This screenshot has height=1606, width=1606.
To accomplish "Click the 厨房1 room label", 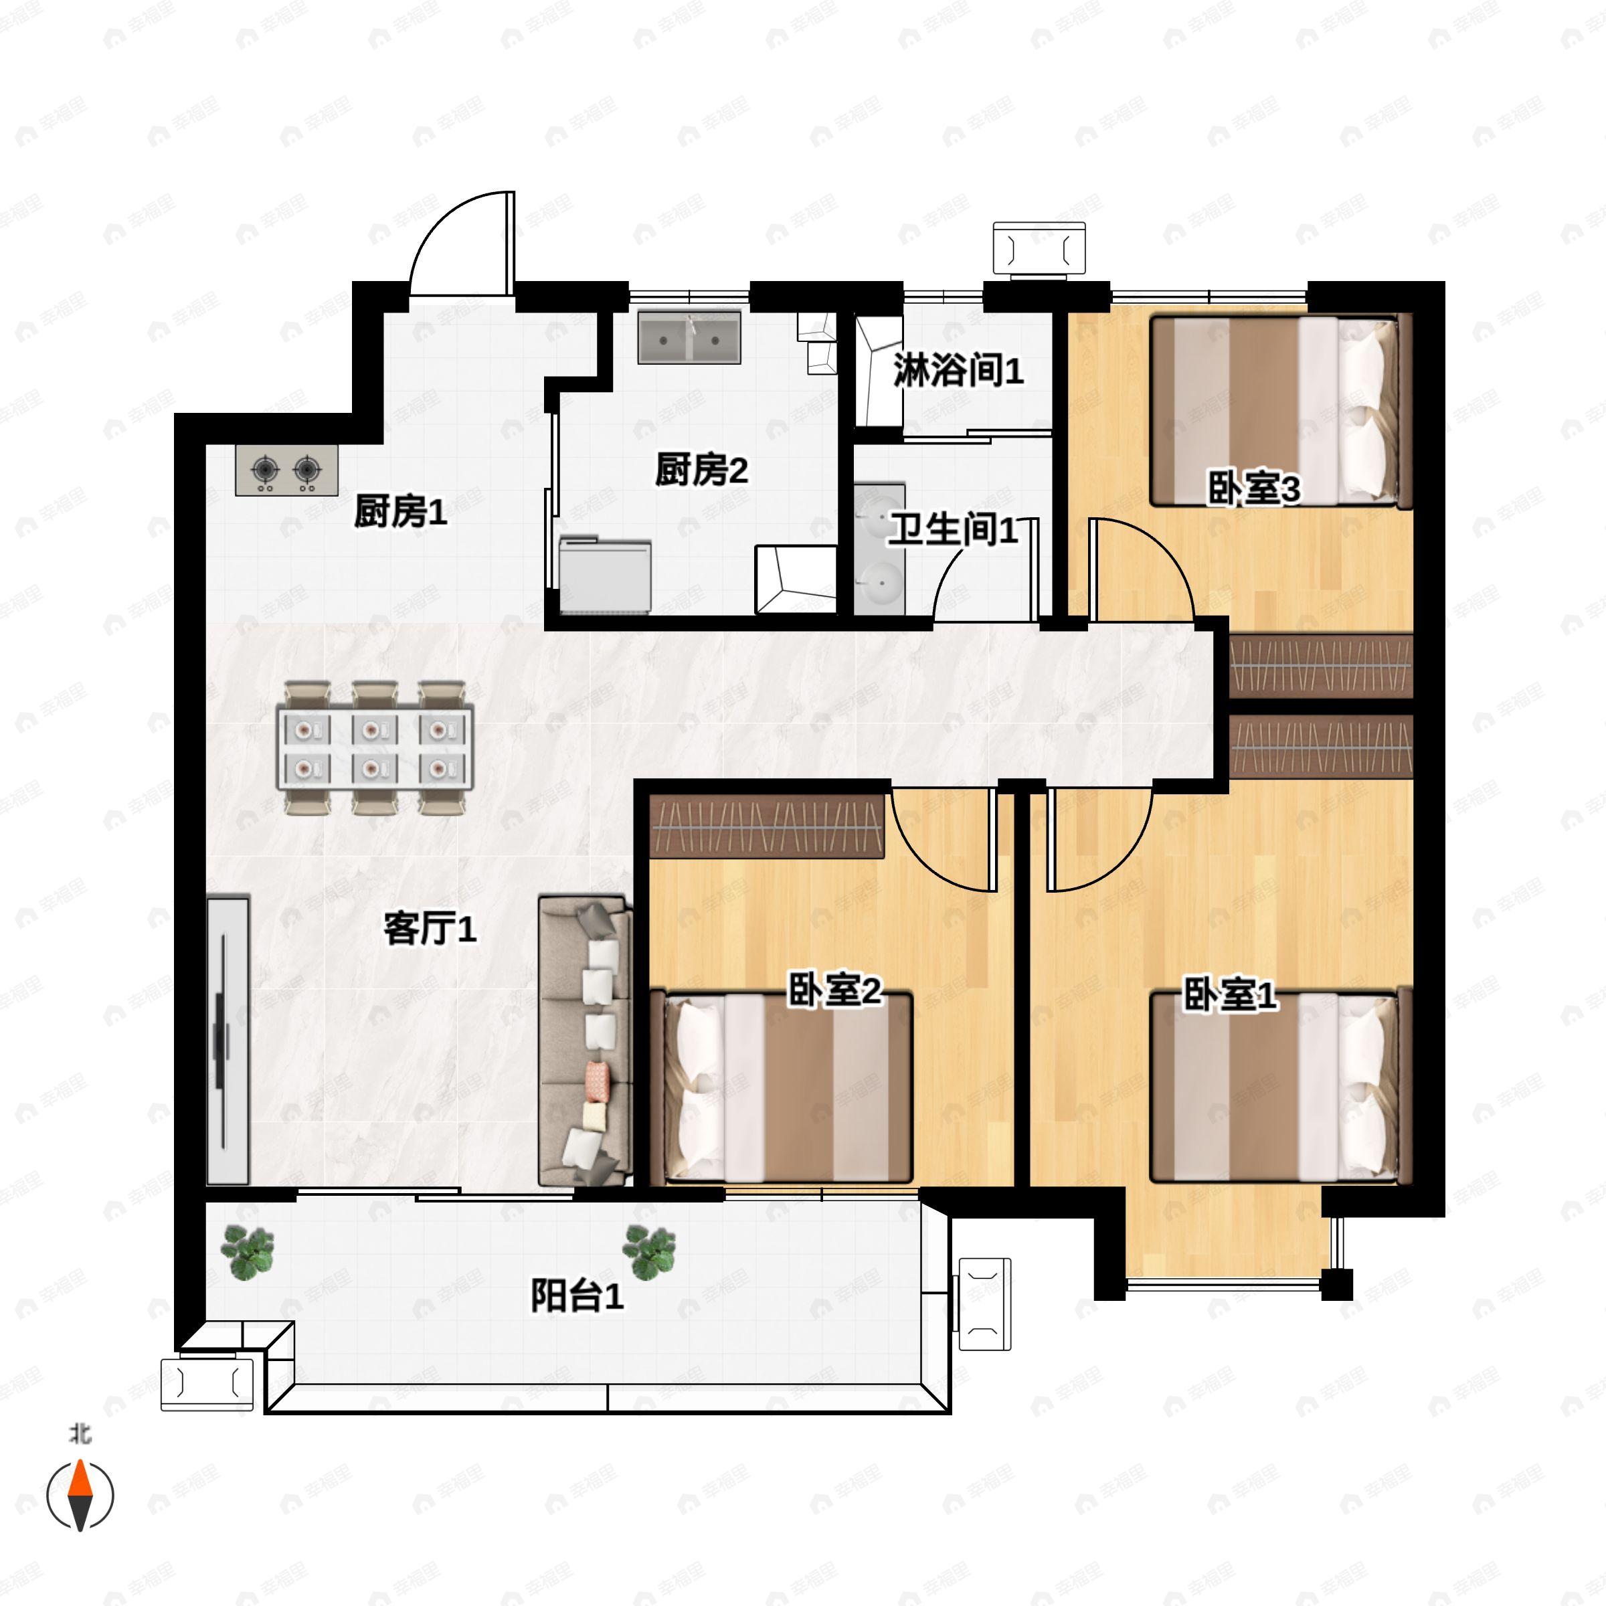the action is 401,511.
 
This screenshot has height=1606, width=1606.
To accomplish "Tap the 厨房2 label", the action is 701,470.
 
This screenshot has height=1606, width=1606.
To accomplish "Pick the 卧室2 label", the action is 834,992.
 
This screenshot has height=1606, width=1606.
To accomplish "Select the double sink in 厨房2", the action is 689,337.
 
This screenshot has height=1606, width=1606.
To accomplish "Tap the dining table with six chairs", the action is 375,747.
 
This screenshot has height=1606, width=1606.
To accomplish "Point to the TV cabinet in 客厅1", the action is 228,1040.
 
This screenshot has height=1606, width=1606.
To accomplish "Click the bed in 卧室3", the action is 1281,411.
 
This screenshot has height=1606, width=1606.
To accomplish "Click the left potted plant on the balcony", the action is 247,1253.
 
